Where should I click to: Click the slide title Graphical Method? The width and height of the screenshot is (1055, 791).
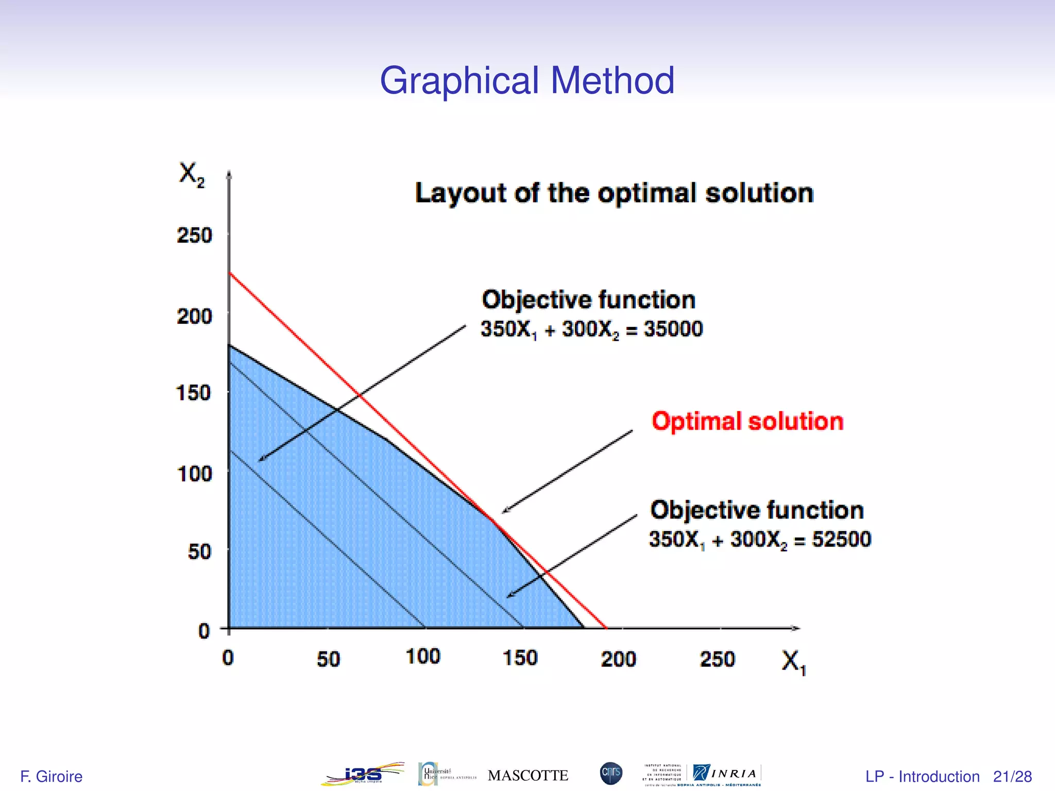pyautogui.click(x=527, y=81)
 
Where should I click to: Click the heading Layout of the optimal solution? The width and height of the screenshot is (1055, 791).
pyautogui.click(x=614, y=194)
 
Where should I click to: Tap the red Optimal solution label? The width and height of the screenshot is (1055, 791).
pyautogui.click(x=747, y=421)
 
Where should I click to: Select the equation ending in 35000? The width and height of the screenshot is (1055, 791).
pyautogui.click(x=591, y=329)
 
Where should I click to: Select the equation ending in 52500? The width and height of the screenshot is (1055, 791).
pyautogui.click(x=760, y=539)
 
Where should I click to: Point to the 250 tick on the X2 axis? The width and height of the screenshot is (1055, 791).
pyautogui.click(x=194, y=235)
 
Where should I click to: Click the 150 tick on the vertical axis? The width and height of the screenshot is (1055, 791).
pyautogui.click(x=194, y=393)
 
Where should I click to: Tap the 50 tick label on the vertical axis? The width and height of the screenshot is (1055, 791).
pyautogui.click(x=199, y=552)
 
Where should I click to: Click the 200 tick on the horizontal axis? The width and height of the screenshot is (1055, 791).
pyautogui.click(x=618, y=659)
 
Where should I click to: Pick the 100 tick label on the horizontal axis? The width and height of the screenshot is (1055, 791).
pyautogui.click(x=423, y=657)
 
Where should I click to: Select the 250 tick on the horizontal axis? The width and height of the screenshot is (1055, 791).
pyautogui.click(x=717, y=659)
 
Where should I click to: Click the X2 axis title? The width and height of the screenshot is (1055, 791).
pyautogui.click(x=191, y=174)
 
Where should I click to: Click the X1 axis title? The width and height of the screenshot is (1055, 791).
pyautogui.click(x=793, y=662)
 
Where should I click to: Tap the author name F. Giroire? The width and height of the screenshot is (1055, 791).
pyautogui.click(x=51, y=776)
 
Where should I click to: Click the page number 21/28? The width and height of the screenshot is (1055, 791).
pyautogui.click(x=1012, y=776)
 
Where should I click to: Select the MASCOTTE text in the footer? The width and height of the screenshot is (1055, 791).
pyautogui.click(x=528, y=776)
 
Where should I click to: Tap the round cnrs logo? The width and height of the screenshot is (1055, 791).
pyautogui.click(x=611, y=773)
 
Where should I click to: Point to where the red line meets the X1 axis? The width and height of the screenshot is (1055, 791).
pyautogui.click(x=606, y=628)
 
